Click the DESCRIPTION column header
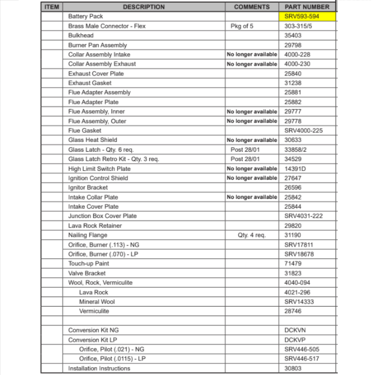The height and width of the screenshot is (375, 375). click(144, 7)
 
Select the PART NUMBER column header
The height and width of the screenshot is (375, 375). click(307, 7)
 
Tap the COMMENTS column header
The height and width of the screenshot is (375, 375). click(252, 7)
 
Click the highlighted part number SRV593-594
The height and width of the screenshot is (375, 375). click(301, 16)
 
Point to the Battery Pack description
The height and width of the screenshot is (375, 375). click(85, 16)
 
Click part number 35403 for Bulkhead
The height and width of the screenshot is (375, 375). click(293, 36)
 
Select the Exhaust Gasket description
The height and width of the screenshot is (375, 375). click(90, 83)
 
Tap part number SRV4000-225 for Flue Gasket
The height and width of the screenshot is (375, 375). click(303, 130)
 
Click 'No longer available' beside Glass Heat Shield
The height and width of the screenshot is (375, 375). click(252, 140)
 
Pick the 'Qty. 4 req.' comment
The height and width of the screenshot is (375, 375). click(252, 235)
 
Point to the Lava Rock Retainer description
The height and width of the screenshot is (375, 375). click(95, 226)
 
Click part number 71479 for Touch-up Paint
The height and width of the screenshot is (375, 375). click(293, 264)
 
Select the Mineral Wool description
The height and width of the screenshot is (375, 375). click(97, 301)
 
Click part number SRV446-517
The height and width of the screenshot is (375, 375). click(302, 358)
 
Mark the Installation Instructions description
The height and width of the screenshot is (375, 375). click(99, 368)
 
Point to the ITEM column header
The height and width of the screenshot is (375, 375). click(52, 7)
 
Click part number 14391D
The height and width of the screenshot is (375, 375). click(295, 169)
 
